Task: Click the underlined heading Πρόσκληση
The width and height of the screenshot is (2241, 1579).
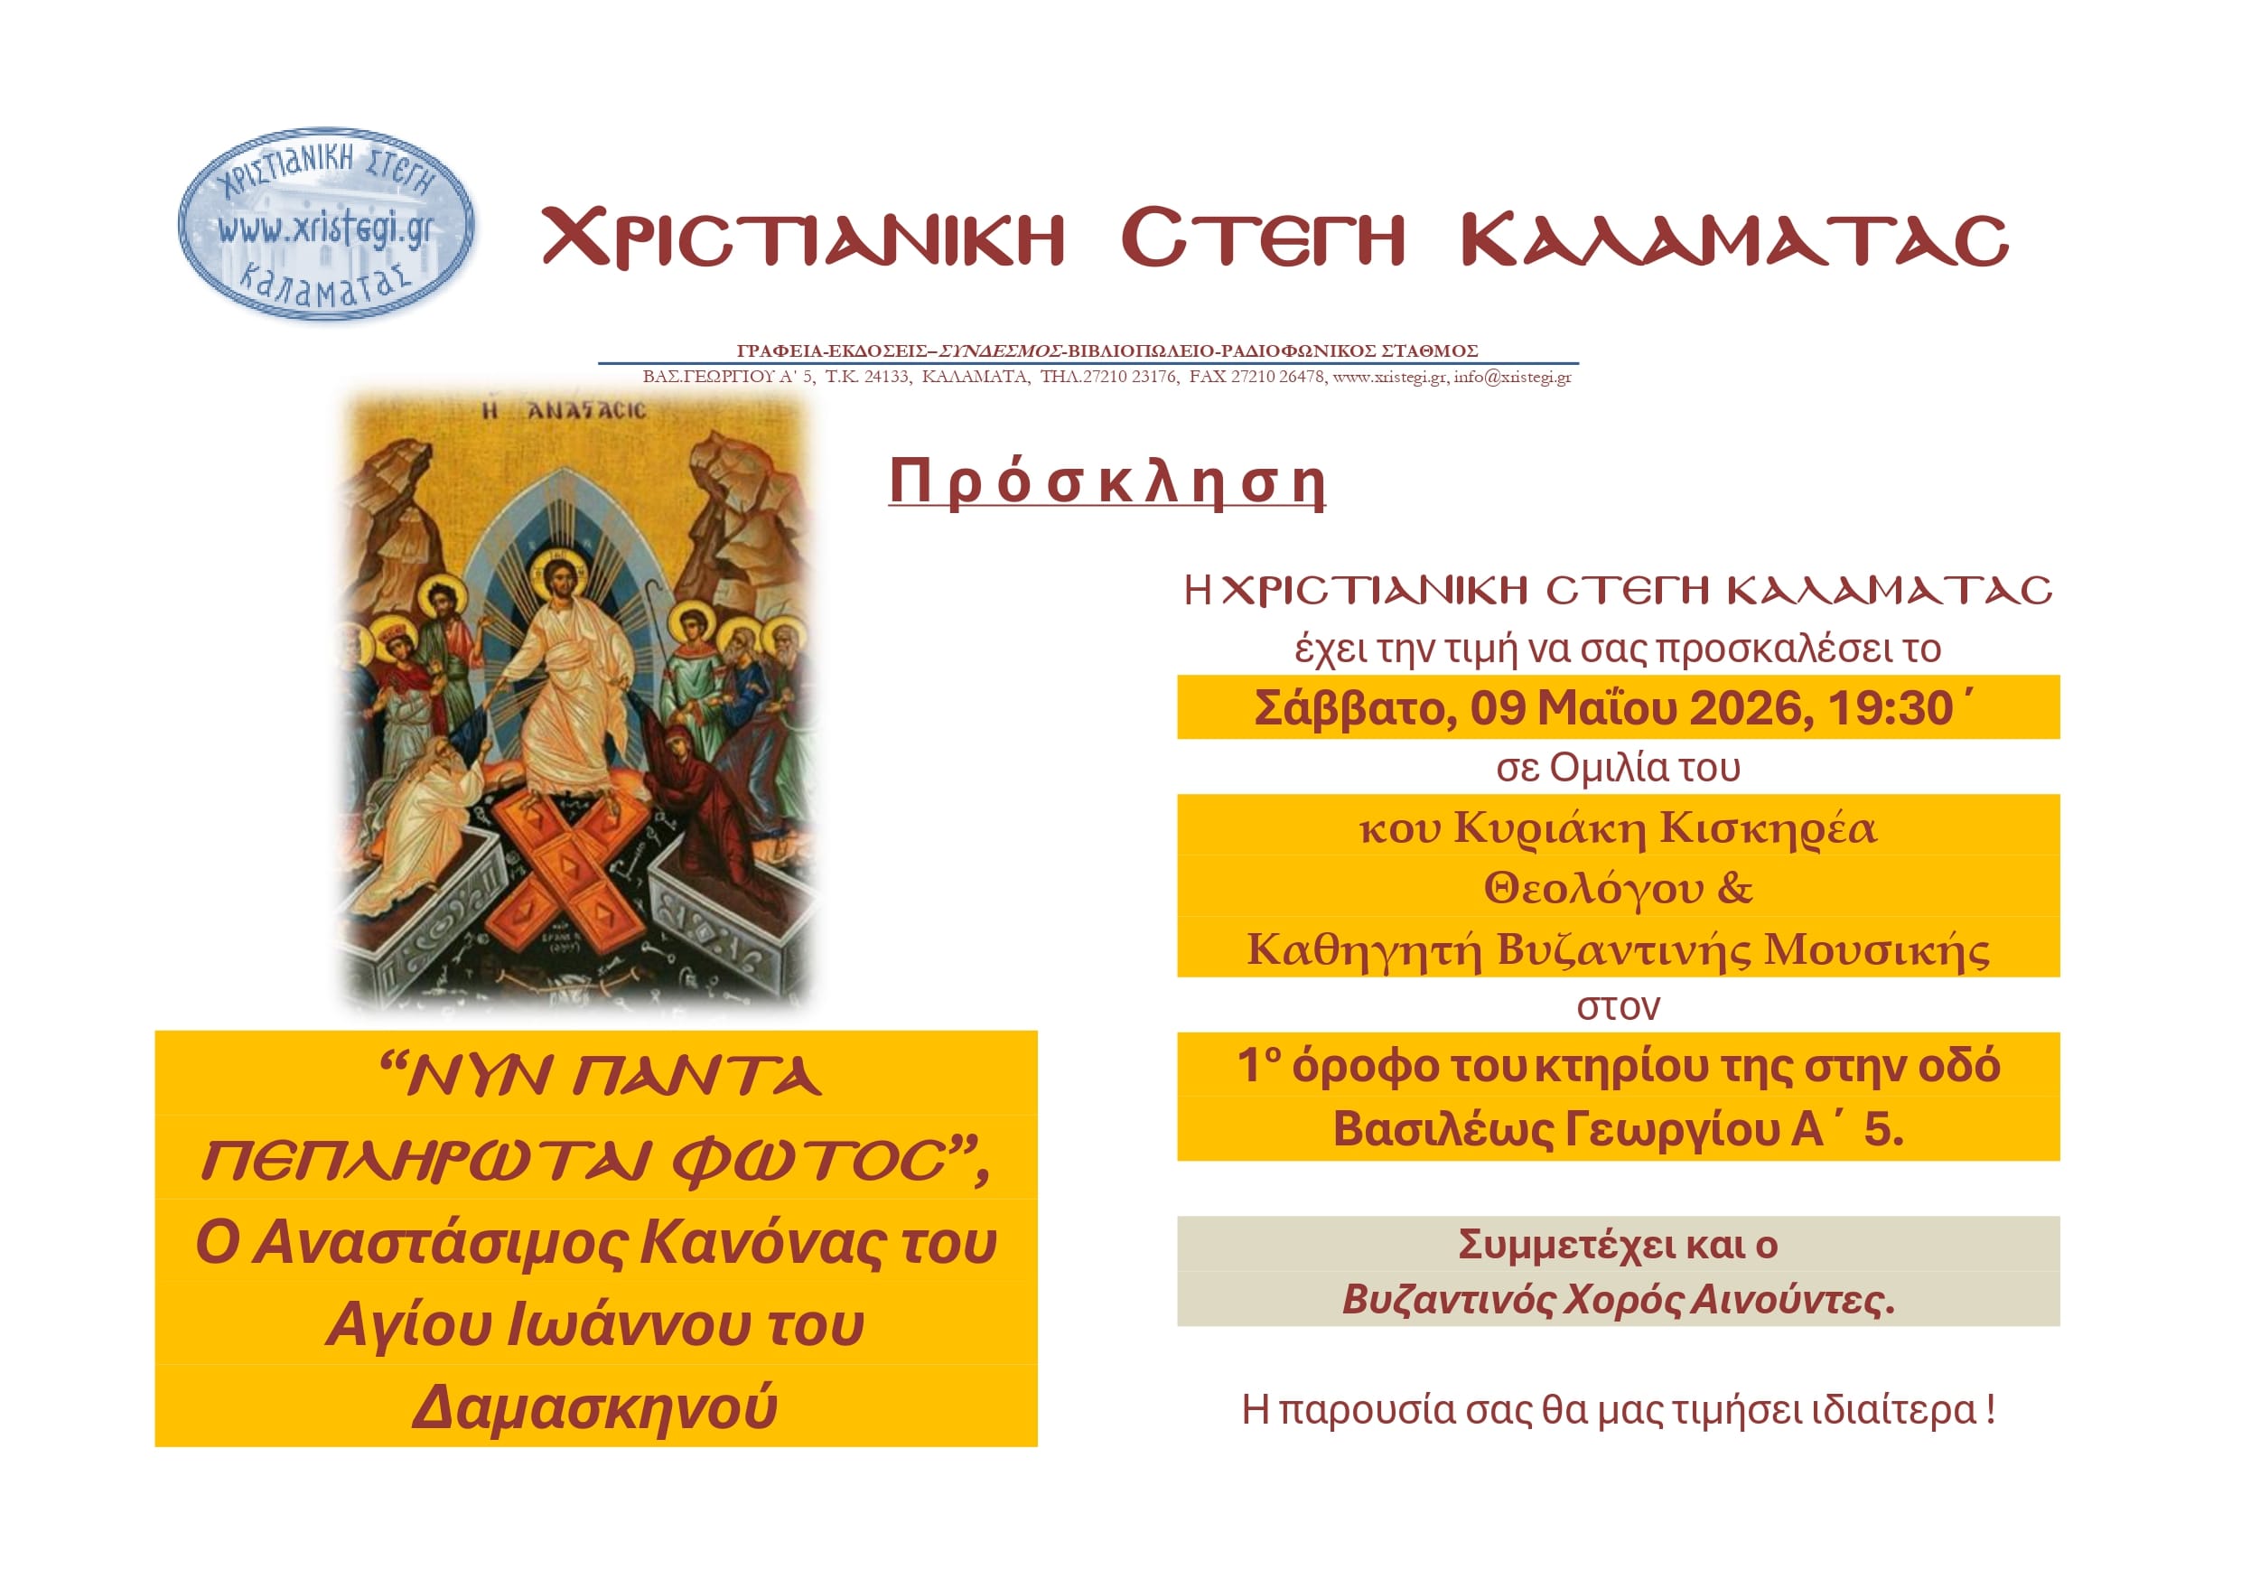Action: pyautogui.click(x=1106, y=482)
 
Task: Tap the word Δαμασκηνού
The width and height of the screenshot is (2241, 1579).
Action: pyautogui.click(x=594, y=1407)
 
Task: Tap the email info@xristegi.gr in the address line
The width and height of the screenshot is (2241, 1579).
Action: pyautogui.click(x=1512, y=378)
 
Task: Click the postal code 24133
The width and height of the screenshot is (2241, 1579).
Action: pyautogui.click(x=886, y=377)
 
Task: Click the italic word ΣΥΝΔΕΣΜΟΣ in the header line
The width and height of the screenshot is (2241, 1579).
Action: pyautogui.click(x=1001, y=350)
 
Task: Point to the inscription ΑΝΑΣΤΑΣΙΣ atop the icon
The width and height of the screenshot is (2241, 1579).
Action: pyautogui.click(x=585, y=410)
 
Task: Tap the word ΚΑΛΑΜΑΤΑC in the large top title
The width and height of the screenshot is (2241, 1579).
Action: pyautogui.click(x=1734, y=239)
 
